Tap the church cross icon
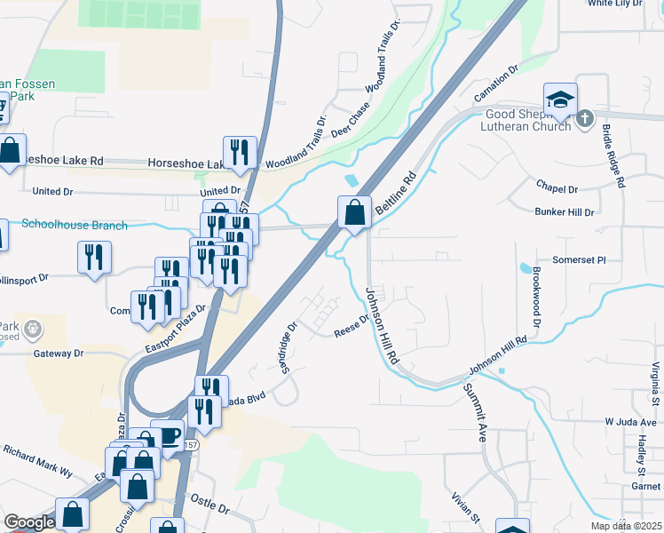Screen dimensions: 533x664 (x=584, y=118)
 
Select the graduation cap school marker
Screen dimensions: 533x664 (x=560, y=100)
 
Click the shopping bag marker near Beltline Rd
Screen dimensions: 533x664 (x=354, y=213)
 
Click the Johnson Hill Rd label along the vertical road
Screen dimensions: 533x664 (x=382, y=325)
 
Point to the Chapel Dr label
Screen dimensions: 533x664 (x=557, y=188)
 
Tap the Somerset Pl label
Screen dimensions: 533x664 (x=578, y=260)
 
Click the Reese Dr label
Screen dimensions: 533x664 (x=351, y=326)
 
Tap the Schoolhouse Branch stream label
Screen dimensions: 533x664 (x=75, y=226)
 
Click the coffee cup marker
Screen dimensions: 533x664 (x=167, y=435)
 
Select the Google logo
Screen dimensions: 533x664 (x=29, y=522)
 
